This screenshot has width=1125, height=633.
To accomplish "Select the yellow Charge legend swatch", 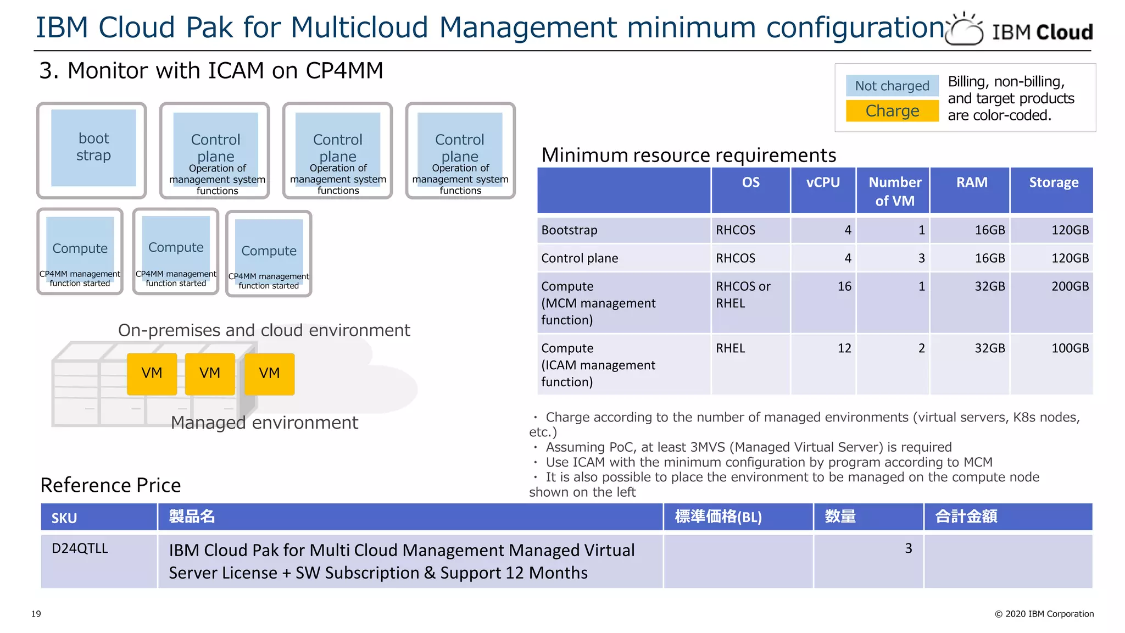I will [892, 111].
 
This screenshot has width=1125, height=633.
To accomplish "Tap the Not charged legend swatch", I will [892, 86].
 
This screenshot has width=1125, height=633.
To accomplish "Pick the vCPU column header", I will [822, 182].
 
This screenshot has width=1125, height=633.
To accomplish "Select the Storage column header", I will [1053, 182].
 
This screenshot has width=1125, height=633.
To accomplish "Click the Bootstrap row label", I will [569, 230].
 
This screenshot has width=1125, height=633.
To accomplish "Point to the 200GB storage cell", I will [1070, 286].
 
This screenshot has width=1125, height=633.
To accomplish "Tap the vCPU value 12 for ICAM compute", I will [844, 348].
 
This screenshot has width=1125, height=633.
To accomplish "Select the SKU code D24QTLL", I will [80, 548].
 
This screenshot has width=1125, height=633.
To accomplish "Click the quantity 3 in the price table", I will [908, 548].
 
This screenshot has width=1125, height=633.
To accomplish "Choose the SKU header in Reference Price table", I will [64, 518].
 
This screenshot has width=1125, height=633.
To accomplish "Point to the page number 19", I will [36, 614].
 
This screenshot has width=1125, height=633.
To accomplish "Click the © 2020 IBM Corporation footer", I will [1044, 614].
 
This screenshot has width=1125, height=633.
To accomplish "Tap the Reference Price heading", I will [110, 485].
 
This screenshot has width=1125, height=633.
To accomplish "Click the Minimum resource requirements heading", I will [688, 156].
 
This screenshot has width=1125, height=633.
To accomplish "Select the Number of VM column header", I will [894, 191].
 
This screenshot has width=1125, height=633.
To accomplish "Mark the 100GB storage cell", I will [1070, 348].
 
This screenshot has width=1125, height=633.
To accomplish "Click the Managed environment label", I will [264, 423].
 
